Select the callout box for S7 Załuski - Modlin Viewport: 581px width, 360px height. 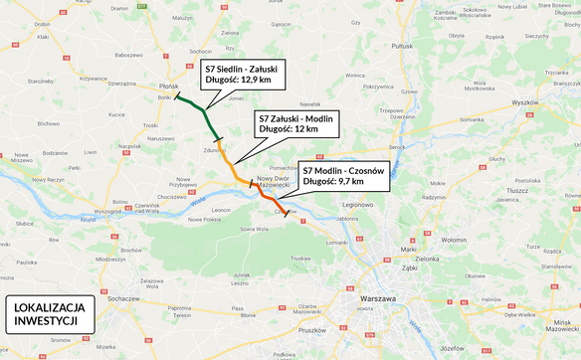pos(297,122)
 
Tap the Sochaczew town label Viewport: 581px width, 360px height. pos(123,298)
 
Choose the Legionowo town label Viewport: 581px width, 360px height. pos(356,204)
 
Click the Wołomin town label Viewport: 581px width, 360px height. pos(454,240)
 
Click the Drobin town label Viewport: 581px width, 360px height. pos(42,23)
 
